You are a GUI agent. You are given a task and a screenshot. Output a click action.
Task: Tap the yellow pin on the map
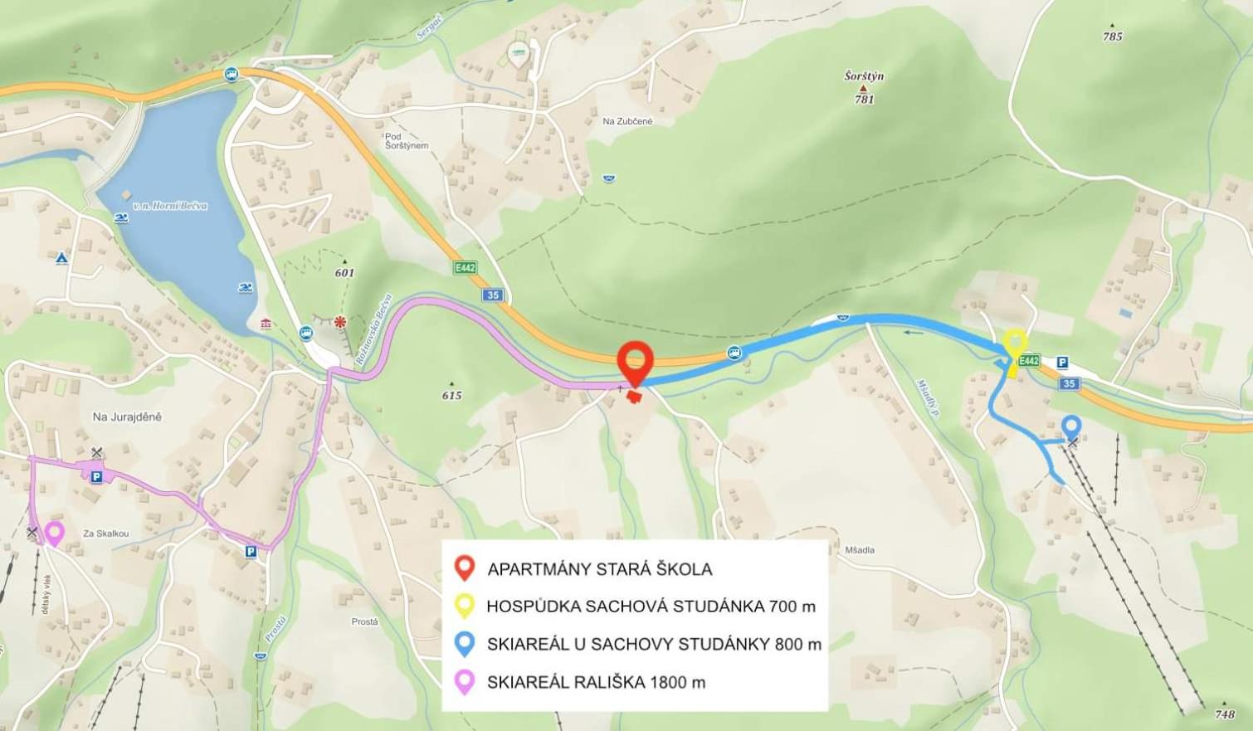[1014, 344]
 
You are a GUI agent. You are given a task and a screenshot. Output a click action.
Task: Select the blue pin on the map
[1071, 427]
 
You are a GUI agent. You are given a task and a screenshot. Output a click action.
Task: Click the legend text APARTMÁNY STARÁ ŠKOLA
[599, 569]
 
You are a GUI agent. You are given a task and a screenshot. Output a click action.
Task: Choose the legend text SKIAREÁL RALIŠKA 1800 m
[596, 682]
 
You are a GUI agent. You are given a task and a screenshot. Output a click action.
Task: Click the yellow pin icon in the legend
[465, 606]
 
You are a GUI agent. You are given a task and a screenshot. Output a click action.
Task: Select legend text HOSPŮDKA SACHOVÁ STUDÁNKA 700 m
[651, 607]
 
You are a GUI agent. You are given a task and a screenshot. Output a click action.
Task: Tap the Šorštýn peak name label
[864, 76]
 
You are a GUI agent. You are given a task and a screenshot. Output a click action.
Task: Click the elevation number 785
[1112, 37]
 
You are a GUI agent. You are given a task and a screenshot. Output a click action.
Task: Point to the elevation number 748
[1225, 714]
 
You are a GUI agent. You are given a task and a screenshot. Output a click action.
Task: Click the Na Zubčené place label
[627, 121]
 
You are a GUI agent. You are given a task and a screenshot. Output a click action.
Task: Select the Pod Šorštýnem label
[407, 141]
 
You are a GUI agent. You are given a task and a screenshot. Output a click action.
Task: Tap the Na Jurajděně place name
[127, 417]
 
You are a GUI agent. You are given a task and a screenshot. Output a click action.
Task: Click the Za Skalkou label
[105, 534]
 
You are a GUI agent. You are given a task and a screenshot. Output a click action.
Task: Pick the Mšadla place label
[860, 549]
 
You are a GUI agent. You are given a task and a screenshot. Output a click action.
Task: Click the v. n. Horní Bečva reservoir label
[170, 206]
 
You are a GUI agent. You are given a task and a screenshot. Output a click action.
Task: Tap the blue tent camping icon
[61, 259]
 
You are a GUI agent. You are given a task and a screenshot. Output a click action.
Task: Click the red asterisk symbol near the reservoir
[339, 321]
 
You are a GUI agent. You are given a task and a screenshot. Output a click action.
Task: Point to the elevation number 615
[451, 395]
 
